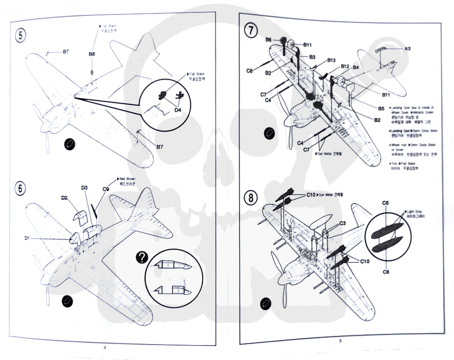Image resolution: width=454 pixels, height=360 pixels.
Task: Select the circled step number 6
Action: click(21, 188)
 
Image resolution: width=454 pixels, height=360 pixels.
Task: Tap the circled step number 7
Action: click(250, 30)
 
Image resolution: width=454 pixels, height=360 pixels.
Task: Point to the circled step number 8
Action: click(250, 198)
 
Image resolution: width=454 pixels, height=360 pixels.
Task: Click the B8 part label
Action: click(92, 53)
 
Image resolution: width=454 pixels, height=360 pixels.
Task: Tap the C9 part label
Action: click(105, 189)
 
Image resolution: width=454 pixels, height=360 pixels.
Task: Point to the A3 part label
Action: click(407, 49)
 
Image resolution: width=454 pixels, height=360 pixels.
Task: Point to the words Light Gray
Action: click(416, 212)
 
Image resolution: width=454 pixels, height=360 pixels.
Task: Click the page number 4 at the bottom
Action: click(105, 347)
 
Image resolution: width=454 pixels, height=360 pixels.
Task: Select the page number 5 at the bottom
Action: click(340, 340)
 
